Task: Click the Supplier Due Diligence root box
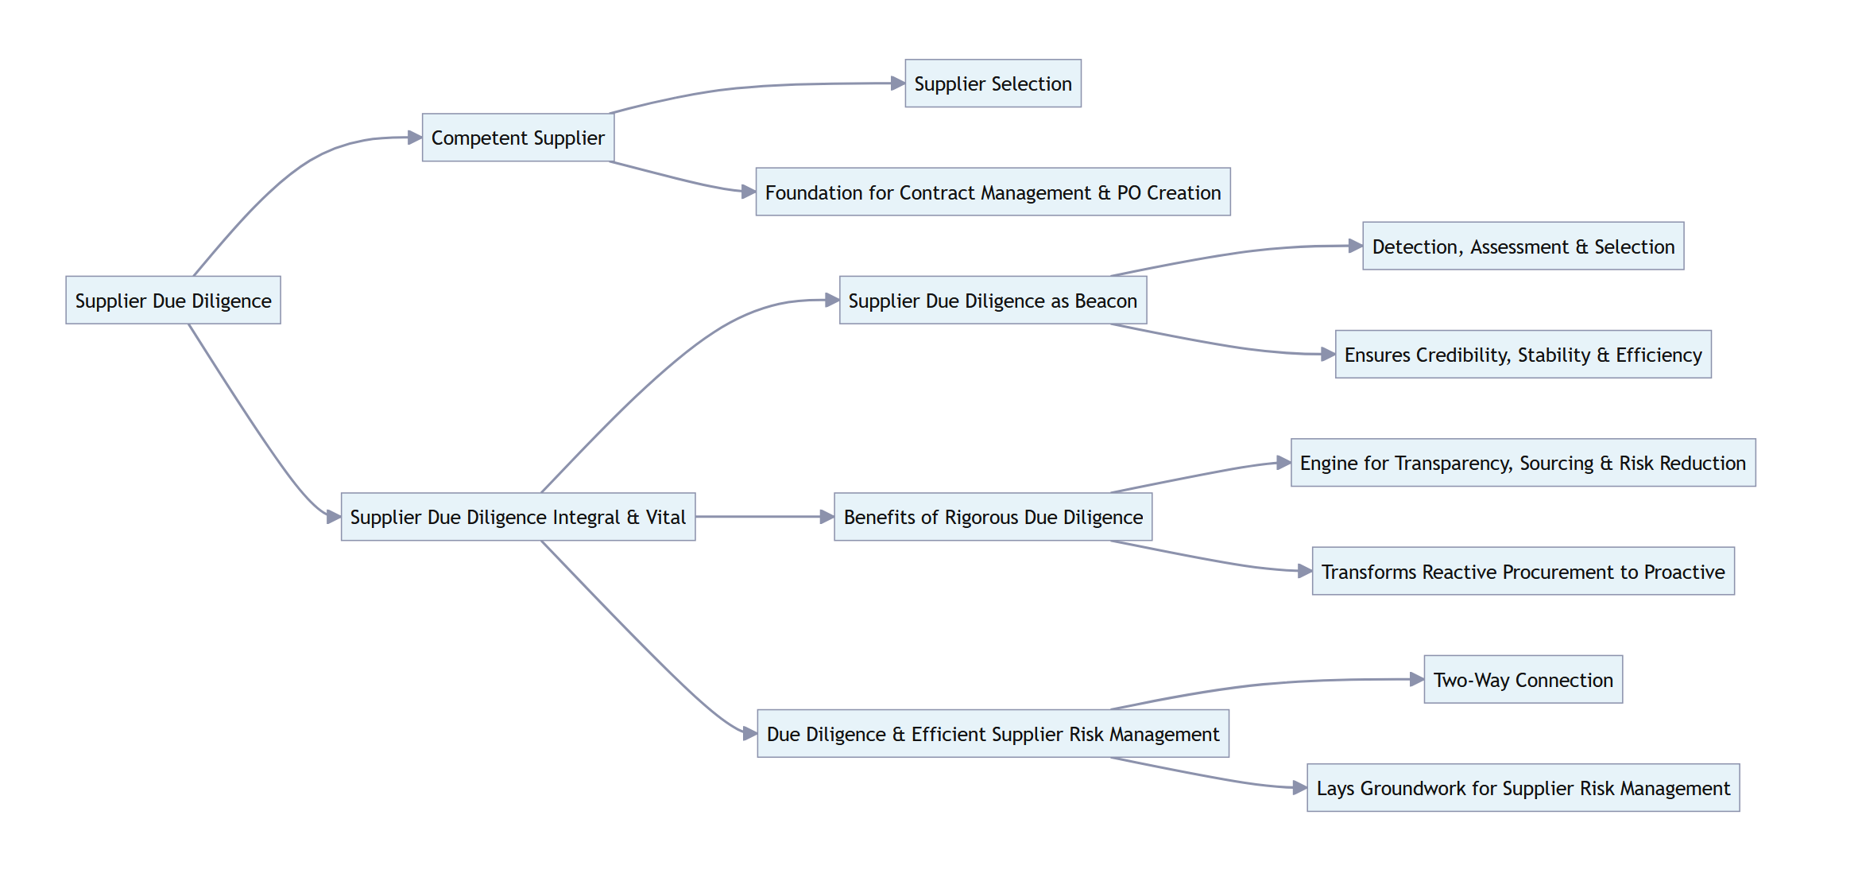coord(173,301)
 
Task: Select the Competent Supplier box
coord(517,138)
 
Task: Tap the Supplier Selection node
coord(993,83)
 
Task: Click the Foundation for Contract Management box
coord(993,192)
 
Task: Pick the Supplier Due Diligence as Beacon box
coord(993,301)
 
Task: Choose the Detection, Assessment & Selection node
coord(1523,246)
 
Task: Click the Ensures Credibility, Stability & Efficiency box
coord(1523,355)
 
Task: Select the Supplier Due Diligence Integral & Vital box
coord(517,517)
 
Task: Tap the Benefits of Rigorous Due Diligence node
coord(993,517)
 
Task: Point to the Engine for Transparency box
coord(1523,463)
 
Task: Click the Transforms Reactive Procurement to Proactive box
coord(1523,572)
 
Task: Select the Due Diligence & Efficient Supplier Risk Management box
coord(993,734)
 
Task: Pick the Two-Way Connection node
coord(1523,680)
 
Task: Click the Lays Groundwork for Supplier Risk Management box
coord(1523,788)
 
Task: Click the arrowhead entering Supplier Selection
coord(898,83)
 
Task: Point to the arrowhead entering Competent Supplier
coord(415,138)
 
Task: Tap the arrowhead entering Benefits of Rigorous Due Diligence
coord(827,517)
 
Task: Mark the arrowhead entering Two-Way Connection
coord(1417,679)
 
